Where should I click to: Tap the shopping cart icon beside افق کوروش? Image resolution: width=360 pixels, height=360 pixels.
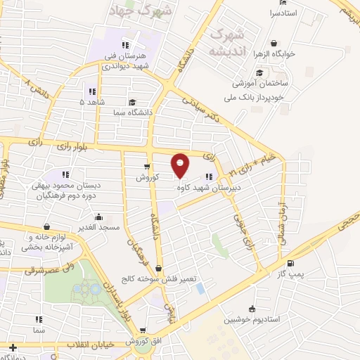click(143, 330)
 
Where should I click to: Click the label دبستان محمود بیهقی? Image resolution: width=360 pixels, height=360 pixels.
click(65, 186)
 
